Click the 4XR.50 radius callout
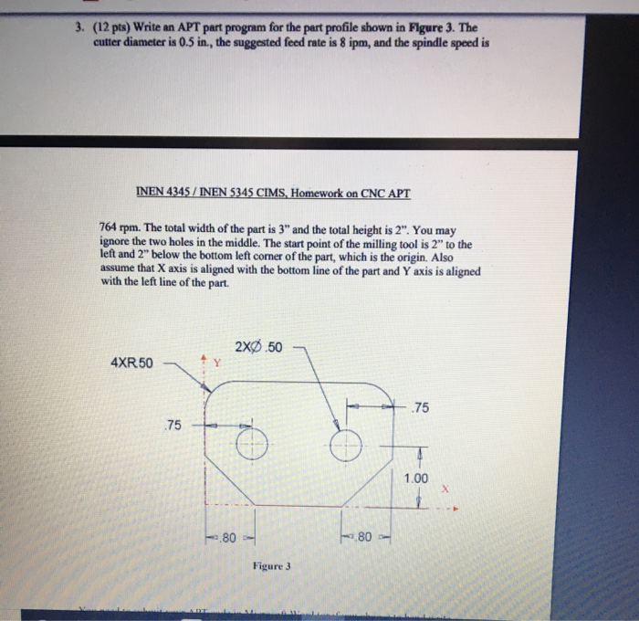coord(133,362)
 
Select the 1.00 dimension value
coord(415,478)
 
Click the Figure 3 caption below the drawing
coord(272,565)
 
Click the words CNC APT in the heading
coord(386,194)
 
